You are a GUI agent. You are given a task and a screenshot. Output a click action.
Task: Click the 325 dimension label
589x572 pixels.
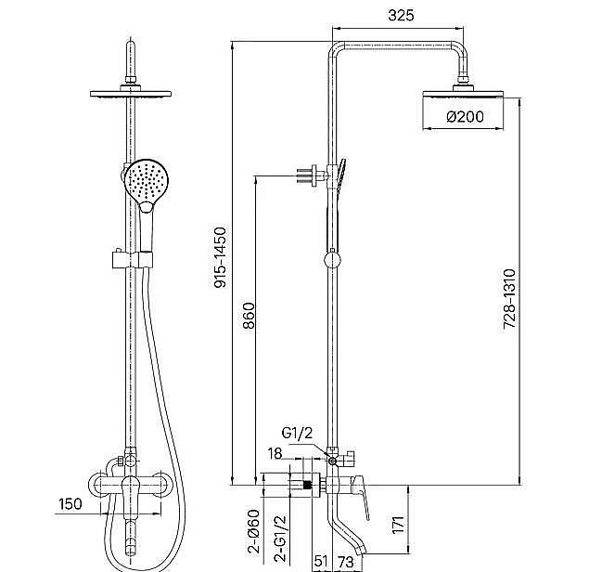(x=401, y=16)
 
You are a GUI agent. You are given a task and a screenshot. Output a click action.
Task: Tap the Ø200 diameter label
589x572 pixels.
(x=466, y=117)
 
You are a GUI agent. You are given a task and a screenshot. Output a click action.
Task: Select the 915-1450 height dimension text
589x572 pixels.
(x=220, y=257)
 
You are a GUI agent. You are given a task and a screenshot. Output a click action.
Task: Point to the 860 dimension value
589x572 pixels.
(x=249, y=316)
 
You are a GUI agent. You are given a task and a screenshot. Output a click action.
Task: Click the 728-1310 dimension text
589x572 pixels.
(x=510, y=299)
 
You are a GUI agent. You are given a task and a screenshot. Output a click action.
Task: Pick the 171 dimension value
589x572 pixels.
(x=398, y=525)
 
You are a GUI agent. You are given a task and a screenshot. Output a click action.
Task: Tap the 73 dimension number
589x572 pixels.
(x=346, y=562)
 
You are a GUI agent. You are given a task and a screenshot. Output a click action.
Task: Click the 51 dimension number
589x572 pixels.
(x=320, y=562)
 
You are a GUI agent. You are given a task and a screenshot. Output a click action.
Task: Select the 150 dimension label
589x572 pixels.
(x=70, y=503)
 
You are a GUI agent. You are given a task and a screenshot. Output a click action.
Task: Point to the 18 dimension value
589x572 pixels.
(x=275, y=453)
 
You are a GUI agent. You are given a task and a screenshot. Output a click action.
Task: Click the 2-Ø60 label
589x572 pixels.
(x=254, y=531)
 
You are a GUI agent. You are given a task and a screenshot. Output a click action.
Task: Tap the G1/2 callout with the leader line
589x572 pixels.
(x=297, y=434)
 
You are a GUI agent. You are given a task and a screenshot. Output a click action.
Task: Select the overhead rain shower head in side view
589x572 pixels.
(x=463, y=94)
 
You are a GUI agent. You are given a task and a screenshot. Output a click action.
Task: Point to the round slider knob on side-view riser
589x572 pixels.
(x=332, y=260)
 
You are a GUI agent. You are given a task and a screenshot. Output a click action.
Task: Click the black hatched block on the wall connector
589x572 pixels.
(x=307, y=485)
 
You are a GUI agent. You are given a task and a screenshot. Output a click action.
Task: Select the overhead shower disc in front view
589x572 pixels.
(x=131, y=94)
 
